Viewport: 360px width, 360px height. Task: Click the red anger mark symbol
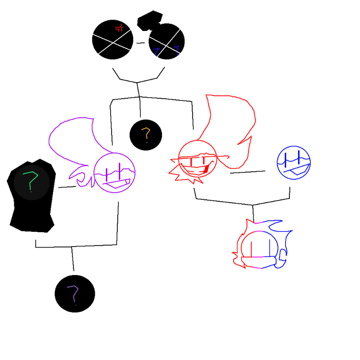(119, 28)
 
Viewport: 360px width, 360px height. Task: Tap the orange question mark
(146, 135)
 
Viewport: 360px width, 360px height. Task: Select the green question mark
(31, 181)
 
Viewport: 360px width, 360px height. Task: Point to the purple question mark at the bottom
(73, 295)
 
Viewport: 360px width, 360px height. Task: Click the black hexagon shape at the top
(150, 21)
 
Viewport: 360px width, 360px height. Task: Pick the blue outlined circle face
(294, 163)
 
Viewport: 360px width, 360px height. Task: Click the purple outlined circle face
(114, 173)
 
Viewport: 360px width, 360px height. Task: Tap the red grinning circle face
(197, 159)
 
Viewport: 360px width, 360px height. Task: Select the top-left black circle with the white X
(113, 40)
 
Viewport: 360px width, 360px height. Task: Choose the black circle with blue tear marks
(167, 41)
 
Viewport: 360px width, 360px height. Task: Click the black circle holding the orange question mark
(146, 135)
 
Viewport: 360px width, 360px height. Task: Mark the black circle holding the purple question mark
(75, 294)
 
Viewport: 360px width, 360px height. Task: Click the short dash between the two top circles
(141, 43)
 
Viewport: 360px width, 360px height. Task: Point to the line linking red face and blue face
(247, 172)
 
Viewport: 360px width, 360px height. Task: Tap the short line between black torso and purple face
(67, 187)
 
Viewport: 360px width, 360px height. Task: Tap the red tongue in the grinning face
(206, 169)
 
